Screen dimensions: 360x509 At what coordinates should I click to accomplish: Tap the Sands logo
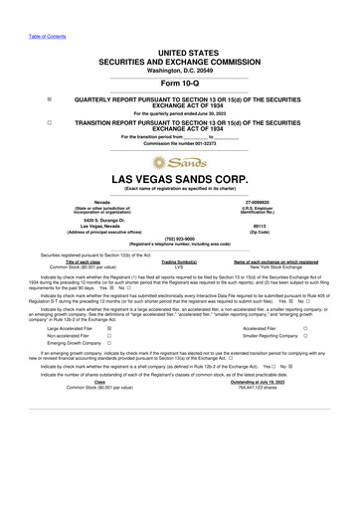coord(180,161)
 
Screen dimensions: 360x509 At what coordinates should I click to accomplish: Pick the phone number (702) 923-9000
coord(179,239)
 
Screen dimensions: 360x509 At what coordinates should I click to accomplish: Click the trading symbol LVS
coord(179,267)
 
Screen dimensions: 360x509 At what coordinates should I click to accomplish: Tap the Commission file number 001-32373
coord(179,143)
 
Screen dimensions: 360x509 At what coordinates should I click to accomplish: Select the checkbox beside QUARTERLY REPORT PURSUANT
coord(49,99)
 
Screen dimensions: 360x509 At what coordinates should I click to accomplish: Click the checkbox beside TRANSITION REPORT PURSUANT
coord(49,121)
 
